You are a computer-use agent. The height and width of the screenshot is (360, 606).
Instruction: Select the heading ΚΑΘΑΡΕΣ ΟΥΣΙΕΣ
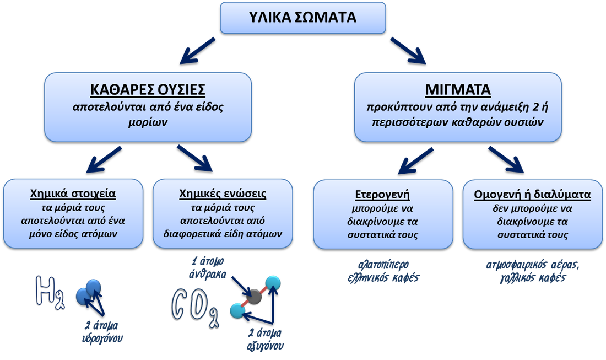(148, 90)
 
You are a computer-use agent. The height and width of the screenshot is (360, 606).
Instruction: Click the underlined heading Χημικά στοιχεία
(73, 195)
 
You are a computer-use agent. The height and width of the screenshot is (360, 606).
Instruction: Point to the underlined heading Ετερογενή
(382, 195)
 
